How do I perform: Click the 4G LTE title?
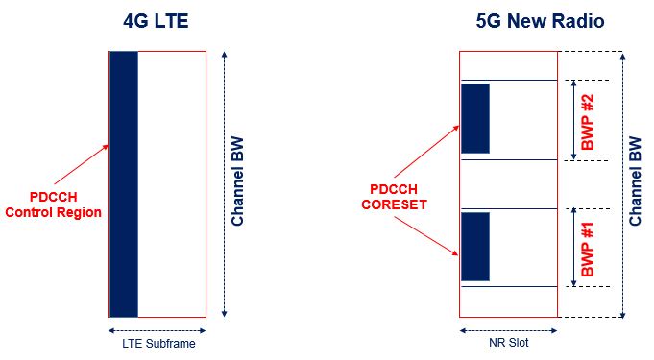(157, 20)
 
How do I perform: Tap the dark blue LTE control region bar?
(124, 183)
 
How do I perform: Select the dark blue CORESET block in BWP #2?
(475, 118)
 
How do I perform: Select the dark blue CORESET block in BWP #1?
(475, 247)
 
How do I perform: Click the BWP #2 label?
(594, 119)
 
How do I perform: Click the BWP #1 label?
(594, 248)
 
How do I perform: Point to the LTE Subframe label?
(157, 343)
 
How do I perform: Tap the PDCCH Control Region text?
(53, 204)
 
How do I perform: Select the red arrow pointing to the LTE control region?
(83, 166)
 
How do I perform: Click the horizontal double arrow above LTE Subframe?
(157, 328)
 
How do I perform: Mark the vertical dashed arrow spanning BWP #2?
(575, 119)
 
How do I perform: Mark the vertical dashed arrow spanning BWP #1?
(575, 248)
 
